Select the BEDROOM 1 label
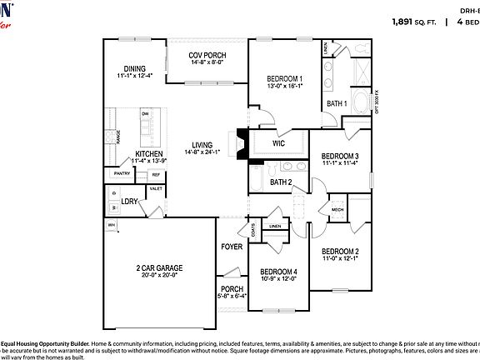(283, 78)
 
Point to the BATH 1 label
(336, 103)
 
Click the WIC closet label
(278, 143)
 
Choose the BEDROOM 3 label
(340, 156)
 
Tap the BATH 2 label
(280, 182)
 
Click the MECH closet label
(337, 210)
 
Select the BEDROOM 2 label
(340, 251)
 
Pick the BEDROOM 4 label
(277, 272)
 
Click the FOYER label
(231, 247)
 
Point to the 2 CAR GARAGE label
(159, 267)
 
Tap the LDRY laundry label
(129, 201)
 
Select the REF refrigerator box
(155, 175)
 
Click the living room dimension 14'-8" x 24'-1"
(202, 152)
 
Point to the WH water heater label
(111, 224)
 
